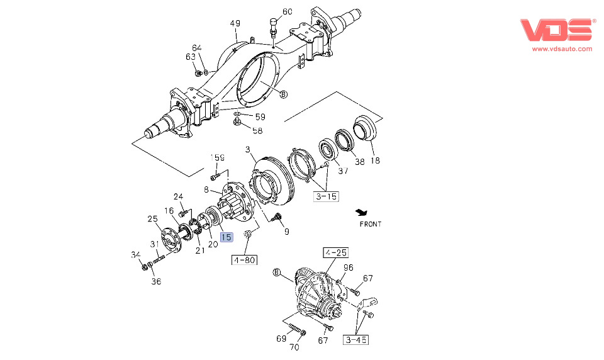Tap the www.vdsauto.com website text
562,48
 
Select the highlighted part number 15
226,237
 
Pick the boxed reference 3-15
326,196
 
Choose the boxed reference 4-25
335,253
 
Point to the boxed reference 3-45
355,340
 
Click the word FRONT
371,223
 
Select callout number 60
288,12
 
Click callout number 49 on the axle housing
235,24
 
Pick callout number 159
217,157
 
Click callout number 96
349,267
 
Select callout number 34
135,255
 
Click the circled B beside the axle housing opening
283,94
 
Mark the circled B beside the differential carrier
276,273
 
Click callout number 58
257,130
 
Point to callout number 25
152,219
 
